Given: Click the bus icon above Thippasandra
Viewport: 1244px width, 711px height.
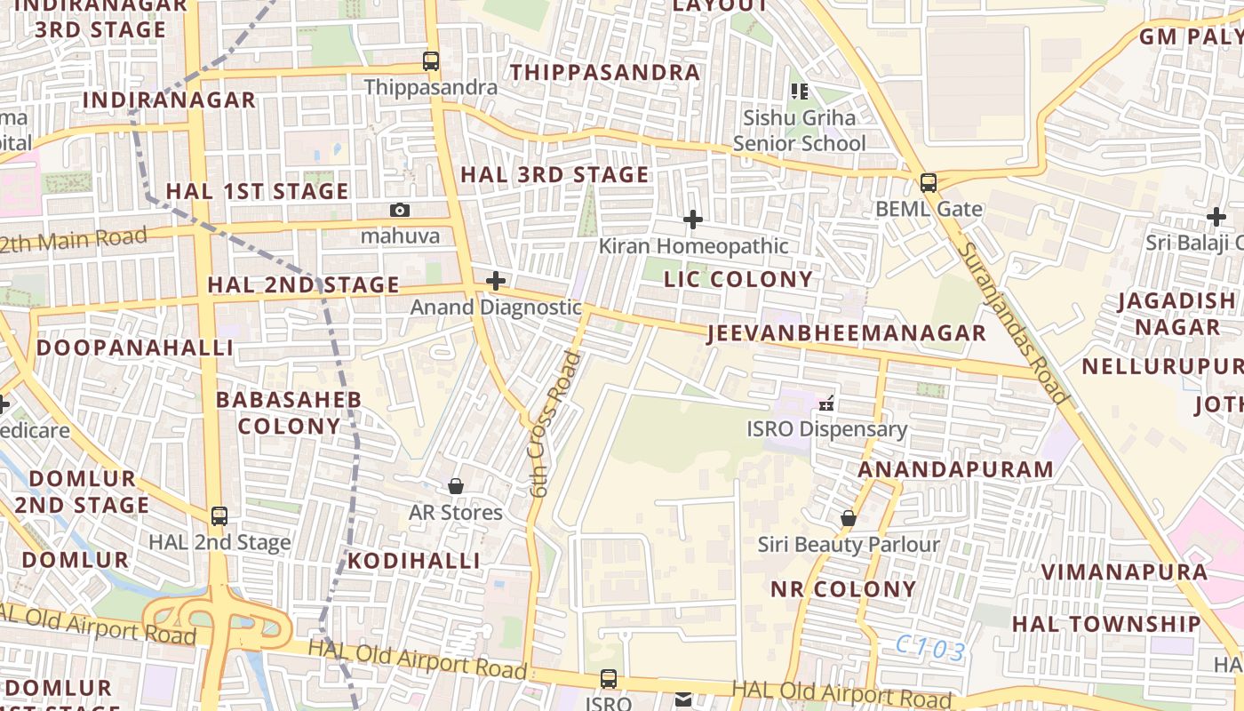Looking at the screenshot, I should click(x=431, y=61).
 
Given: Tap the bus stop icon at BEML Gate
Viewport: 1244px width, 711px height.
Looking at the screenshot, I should click(x=929, y=184).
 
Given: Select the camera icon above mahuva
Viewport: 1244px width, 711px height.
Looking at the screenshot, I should click(x=400, y=210).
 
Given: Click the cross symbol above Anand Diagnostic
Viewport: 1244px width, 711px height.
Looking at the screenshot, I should click(x=496, y=282).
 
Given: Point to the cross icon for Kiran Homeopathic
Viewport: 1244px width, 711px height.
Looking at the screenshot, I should click(x=692, y=220).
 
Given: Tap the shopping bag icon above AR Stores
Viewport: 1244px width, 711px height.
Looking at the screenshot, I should click(x=456, y=486).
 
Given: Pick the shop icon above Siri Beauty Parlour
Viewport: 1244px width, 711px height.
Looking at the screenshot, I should click(x=849, y=517).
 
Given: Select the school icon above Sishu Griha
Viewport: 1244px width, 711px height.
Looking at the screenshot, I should click(x=800, y=91).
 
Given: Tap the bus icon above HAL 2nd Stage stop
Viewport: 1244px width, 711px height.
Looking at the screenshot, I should click(x=219, y=515).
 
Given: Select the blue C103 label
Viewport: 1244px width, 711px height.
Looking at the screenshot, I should click(x=930, y=649).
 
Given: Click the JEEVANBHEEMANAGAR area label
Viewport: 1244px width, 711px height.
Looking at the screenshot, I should click(x=847, y=333).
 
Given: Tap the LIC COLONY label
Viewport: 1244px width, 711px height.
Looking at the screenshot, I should click(x=738, y=279).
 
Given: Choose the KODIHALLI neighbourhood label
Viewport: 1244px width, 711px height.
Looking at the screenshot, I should click(x=413, y=561).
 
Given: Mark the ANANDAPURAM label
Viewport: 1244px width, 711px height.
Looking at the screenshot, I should click(x=956, y=469).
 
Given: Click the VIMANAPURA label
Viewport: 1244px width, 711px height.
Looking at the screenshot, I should click(x=1124, y=571).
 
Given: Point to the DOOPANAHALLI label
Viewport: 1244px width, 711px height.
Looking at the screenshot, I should click(x=135, y=348).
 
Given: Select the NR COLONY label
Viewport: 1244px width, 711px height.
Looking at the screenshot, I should click(x=843, y=589).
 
